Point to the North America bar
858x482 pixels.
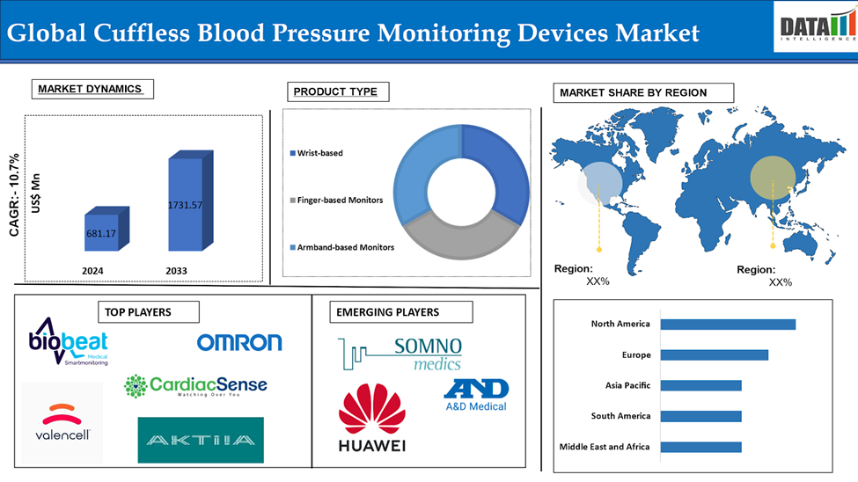(728, 325)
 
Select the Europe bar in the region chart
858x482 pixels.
(714, 355)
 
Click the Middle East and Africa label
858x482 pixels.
(605, 447)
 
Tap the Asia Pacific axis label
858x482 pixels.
(627, 385)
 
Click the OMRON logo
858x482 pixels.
(239, 342)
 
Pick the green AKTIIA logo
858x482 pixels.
(201, 440)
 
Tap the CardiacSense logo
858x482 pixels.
(195, 385)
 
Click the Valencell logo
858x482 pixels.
(62, 421)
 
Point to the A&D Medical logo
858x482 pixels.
(476, 394)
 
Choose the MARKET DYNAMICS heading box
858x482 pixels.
(91, 90)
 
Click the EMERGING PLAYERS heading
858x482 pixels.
(387, 311)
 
